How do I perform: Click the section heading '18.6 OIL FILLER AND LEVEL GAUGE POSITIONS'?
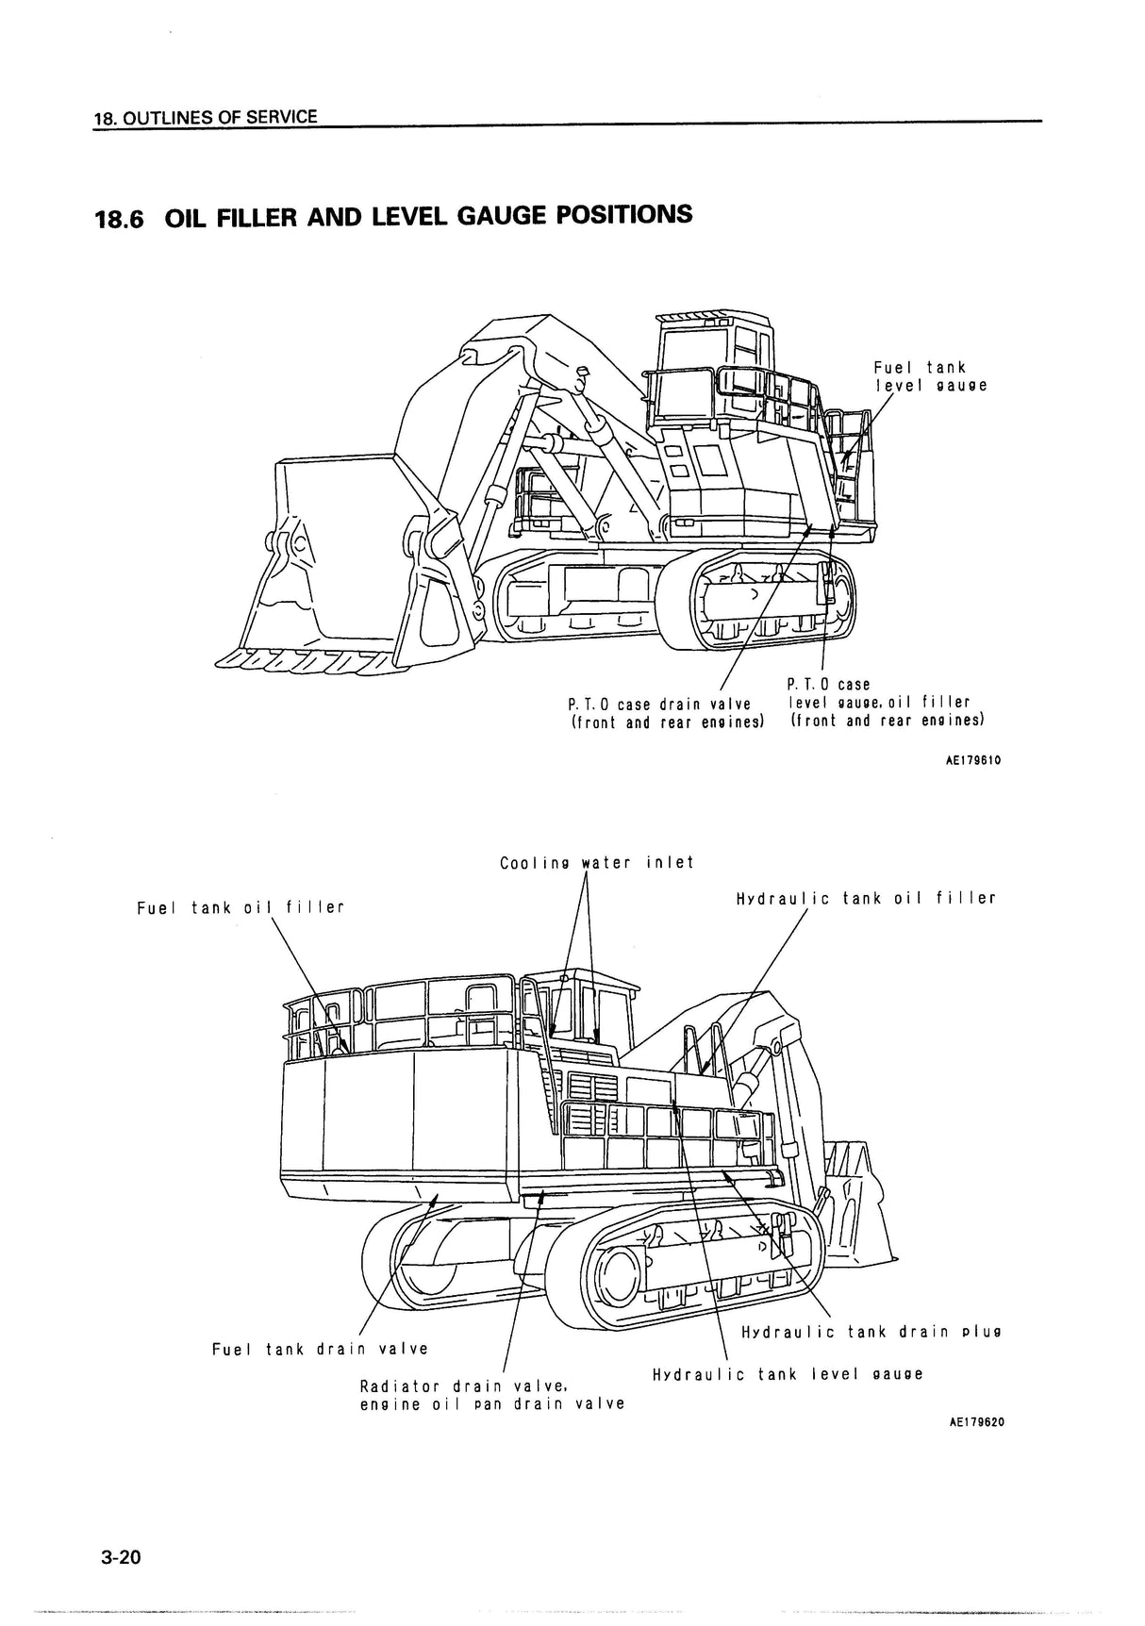pyautogui.click(x=393, y=217)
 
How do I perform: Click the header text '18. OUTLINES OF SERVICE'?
pyautogui.click(x=206, y=118)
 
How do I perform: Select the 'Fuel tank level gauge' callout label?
pyautogui.click(x=930, y=376)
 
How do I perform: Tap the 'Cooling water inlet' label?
pyautogui.click(x=596, y=862)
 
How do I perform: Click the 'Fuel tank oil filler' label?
pyautogui.click(x=241, y=907)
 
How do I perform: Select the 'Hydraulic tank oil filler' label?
pyautogui.click(x=866, y=898)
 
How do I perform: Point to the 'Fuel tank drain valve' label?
pyautogui.click(x=321, y=1349)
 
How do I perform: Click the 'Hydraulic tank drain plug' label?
pyautogui.click(x=871, y=1332)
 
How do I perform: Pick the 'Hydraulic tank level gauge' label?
pyautogui.click(x=788, y=1374)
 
